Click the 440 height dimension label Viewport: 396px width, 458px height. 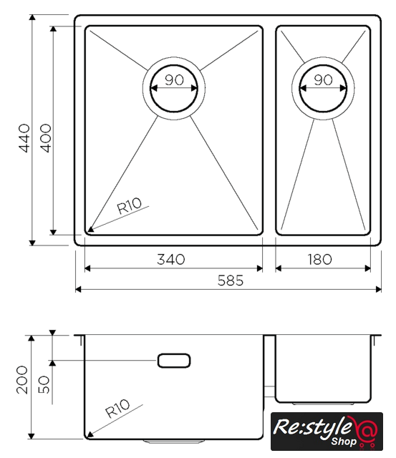click(x=24, y=138)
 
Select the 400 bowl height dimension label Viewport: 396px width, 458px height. click(x=45, y=138)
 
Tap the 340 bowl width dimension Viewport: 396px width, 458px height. click(x=171, y=259)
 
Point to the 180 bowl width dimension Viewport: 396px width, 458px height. click(x=319, y=259)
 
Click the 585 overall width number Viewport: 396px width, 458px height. click(x=231, y=281)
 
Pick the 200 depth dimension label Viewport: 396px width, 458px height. click(x=22, y=380)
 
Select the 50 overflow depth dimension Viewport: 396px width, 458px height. click(x=44, y=384)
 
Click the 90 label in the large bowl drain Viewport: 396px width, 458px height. click(x=174, y=79)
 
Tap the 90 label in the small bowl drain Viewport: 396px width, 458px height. click(x=323, y=79)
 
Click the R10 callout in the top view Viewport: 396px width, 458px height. click(x=129, y=205)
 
